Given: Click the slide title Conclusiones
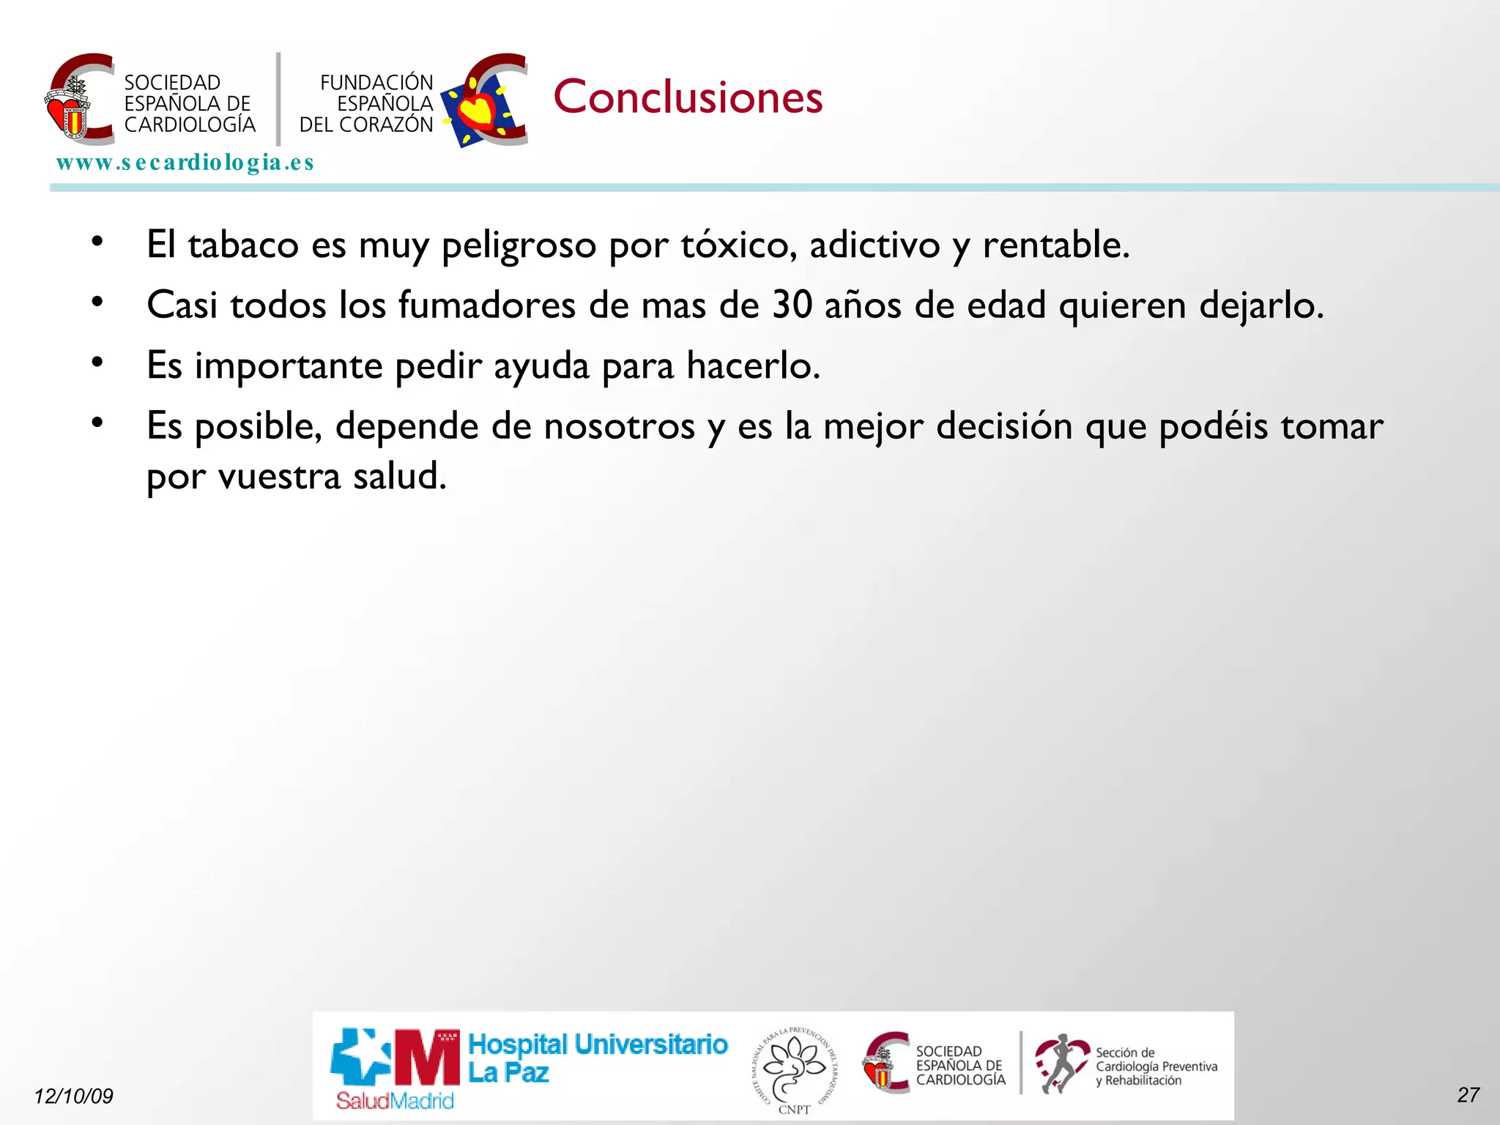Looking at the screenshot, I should click(688, 97).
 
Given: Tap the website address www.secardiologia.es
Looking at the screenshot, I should click(185, 162).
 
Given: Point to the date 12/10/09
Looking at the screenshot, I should click(73, 1096).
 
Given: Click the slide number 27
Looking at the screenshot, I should click(1468, 1094).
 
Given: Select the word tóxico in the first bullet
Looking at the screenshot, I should click(738, 245).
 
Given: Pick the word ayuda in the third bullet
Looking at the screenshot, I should click(541, 365).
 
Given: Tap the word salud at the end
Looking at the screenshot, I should click(399, 476).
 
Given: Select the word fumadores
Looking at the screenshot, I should click(487, 305).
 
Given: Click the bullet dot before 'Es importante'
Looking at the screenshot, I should click(97, 362).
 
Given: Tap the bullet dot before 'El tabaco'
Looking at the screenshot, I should click(97, 241).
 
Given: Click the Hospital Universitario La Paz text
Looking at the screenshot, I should click(597, 1058).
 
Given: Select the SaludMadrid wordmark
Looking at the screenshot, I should click(395, 1100).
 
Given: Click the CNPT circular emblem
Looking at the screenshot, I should click(795, 1068).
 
